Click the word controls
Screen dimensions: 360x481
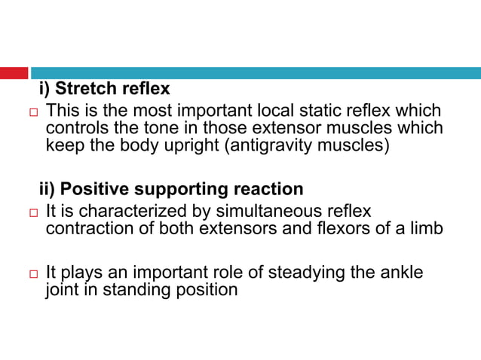click(x=78, y=128)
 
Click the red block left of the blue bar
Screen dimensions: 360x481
click(x=14, y=73)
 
